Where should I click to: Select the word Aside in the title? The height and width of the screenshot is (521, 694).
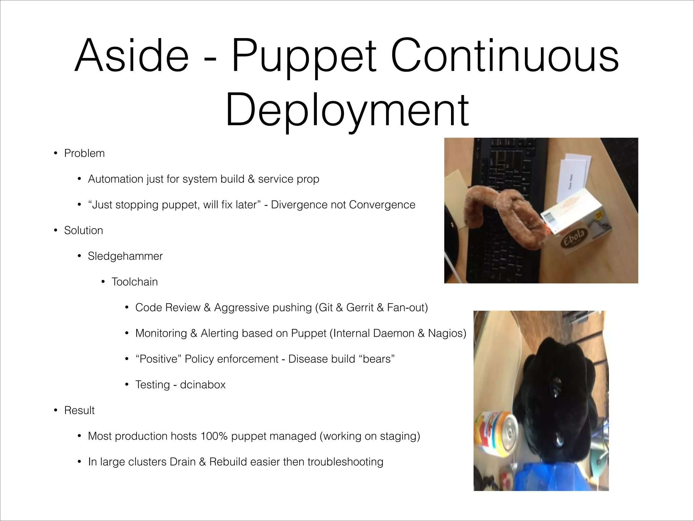[x=131, y=56]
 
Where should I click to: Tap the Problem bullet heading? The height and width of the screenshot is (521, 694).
[x=84, y=153]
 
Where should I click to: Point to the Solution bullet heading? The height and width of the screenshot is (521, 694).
[x=83, y=231]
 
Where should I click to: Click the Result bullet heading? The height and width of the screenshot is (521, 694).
[x=79, y=410]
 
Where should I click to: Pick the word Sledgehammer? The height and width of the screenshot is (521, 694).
[x=125, y=256]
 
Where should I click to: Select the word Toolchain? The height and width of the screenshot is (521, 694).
[x=135, y=282]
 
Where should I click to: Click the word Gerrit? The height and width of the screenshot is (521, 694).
[x=360, y=308]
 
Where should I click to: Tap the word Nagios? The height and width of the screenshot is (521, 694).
[x=447, y=333]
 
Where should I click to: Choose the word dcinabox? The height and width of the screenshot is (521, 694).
[x=203, y=385]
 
